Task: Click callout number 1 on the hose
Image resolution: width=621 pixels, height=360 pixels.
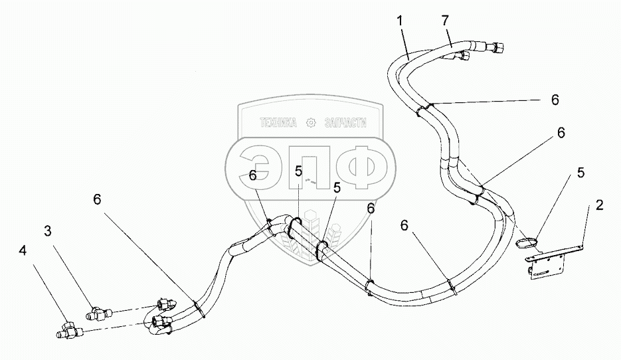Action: click(x=400, y=21)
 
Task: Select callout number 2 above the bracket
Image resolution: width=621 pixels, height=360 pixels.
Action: click(x=599, y=205)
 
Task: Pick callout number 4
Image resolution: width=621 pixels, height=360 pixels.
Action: click(x=24, y=252)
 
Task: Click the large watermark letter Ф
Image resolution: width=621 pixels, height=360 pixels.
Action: click(x=363, y=166)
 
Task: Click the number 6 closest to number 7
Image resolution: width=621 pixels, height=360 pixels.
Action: click(x=555, y=100)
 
